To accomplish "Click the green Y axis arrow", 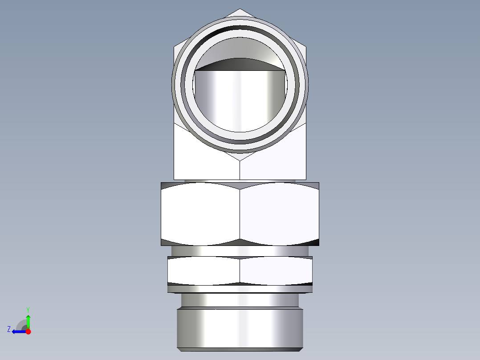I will pos(28,320).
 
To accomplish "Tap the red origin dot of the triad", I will pos(28,331).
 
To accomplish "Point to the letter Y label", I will pos(28,309).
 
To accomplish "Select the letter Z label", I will pos(9,329).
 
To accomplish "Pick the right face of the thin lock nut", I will pos(276,271).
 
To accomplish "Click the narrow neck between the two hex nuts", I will pos(240,251).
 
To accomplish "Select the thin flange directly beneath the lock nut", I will pos(240,289).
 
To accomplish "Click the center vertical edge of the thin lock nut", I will pos(240,271).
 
